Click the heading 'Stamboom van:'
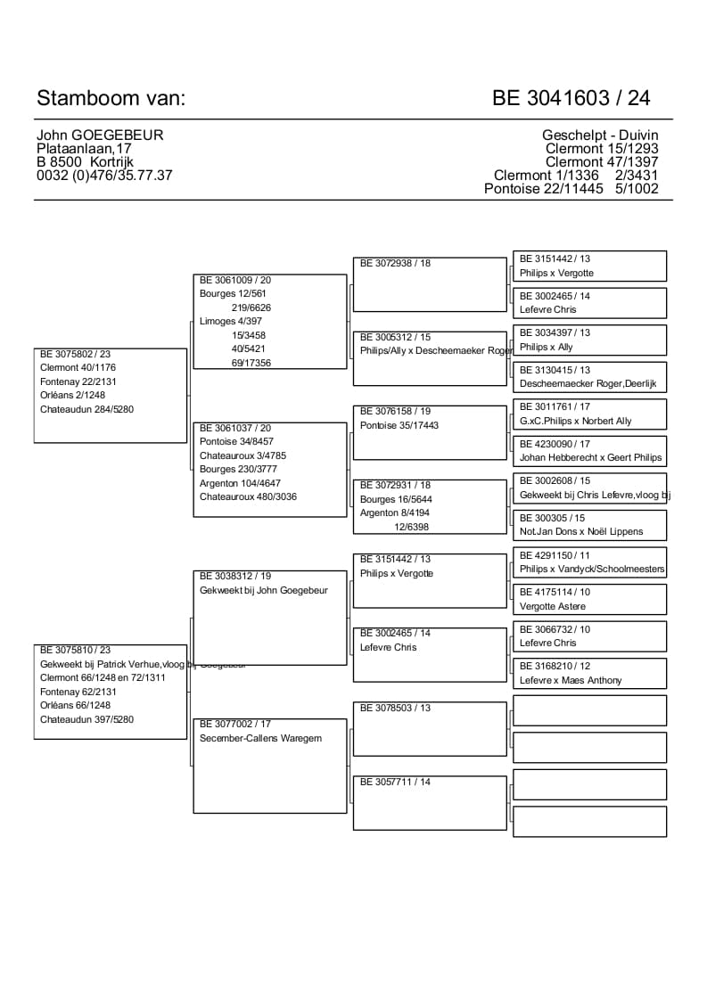coord(111,98)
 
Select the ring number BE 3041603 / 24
coord(571,98)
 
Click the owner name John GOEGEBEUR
coord(100,135)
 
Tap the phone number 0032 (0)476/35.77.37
coord(104,176)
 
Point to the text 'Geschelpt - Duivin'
coord(600,135)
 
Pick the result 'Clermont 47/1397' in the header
coord(602,162)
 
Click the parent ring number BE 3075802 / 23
coord(76,354)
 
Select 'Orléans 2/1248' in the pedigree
coord(73,396)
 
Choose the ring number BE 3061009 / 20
coord(235,280)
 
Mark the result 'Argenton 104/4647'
coord(240,483)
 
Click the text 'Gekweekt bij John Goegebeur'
coord(264,590)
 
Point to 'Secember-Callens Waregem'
coord(260,738)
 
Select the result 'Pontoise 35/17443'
coord(399,425)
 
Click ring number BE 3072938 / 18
coord(395,264)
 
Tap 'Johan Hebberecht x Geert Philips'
coord(591,457)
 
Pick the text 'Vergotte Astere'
coord(553,606)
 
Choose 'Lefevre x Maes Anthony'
coord(571,680)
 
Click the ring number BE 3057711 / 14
coord(395,782)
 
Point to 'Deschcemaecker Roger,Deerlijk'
coord(588,383)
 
